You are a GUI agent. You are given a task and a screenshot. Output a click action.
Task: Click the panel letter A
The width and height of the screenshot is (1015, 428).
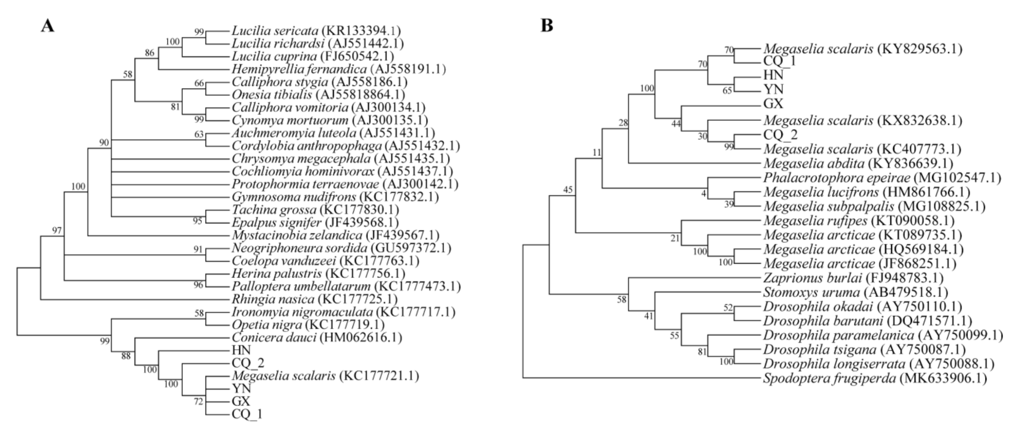(x=48, y=27)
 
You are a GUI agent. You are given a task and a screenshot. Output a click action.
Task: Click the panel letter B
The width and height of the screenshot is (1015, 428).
(x=547, y=26)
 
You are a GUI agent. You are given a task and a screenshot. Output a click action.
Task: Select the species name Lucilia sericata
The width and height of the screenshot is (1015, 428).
(x=275, y=31)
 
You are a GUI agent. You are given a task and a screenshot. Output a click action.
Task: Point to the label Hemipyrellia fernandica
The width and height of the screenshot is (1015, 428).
(x=299, y=69)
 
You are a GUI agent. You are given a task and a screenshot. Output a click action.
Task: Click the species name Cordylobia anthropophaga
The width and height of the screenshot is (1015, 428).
(x=307, y=146)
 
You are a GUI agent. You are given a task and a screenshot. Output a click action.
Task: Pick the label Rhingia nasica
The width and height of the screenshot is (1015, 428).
(x=273, y=299)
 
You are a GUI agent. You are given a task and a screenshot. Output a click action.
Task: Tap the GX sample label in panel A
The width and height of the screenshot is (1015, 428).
(x=241, y=401)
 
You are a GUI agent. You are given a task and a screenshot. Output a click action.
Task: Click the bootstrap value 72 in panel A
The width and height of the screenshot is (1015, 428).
(x=198, y=401)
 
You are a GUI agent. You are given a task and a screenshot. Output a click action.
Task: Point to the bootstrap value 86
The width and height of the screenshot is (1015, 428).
(x=149, y=53)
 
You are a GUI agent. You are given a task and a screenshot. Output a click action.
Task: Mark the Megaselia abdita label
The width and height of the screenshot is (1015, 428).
(x=814, y=163)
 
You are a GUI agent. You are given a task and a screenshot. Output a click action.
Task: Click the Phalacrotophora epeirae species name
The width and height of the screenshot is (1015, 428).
(x=836, y=178)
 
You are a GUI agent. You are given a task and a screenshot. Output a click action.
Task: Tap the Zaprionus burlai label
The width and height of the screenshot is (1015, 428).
(x=812, y=278)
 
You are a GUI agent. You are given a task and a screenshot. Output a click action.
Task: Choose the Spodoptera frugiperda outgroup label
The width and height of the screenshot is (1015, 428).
(x=829, y=378)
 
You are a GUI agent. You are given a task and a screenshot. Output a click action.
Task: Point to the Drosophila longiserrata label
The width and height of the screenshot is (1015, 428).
(x=837, y=363)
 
